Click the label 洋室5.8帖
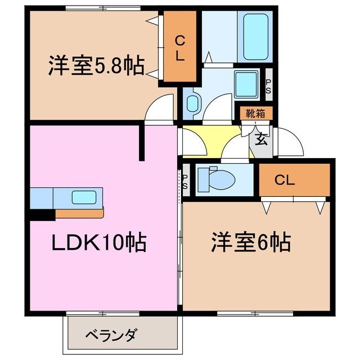[x=94, y=66]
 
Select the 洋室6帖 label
[x=251, y=243]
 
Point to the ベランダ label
[x=111, y=335]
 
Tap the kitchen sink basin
[x=84, y=197]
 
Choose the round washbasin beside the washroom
[x=192, y=103]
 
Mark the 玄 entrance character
[x=260, y=139]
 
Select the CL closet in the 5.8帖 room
[x=180, y=49]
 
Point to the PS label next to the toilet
[x=185, y=182]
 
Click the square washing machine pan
[x=245, y=84]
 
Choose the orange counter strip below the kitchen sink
[x=79, y=213]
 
